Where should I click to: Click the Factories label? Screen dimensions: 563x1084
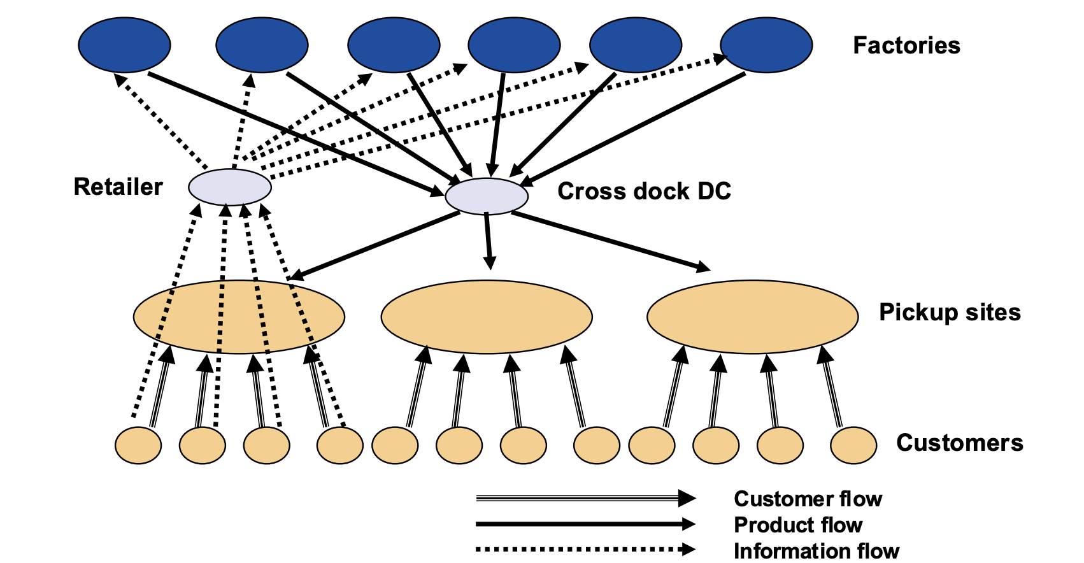(x=906, y=46)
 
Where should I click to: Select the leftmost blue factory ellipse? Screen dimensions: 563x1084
(x=124, y=45)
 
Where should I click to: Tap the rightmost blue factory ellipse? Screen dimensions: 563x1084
(x=766, y=45)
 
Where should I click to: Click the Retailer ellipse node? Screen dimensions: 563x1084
(x=230, y=187)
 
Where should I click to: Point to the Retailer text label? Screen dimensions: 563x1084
(x=118, y=187)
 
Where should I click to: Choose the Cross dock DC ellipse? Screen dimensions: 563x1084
(x=487, y=196)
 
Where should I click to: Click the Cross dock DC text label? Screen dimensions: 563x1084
(x=644, y=192)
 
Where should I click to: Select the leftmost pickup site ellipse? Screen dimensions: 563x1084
(x=239, y=317)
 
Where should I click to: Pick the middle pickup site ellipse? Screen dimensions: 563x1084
(x=487, y=317)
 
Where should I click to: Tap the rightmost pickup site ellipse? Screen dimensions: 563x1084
(x=752, y=317)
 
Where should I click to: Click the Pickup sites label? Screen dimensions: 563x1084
(x=949, y=313)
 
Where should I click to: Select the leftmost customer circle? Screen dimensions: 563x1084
(x=138, y=445)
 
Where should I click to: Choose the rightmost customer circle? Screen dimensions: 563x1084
(x=853, y=445)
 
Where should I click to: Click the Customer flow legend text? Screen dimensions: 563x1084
(x=808, y=499)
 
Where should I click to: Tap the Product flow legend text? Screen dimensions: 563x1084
(x=797, y=525)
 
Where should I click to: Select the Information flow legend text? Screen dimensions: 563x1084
(x=816, y=550)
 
